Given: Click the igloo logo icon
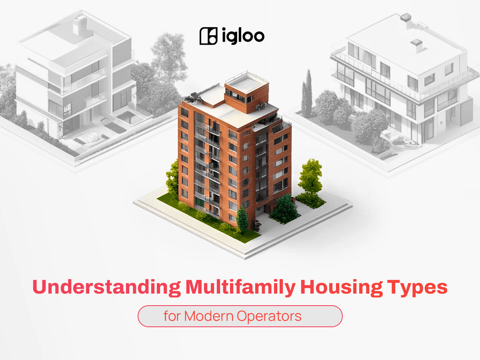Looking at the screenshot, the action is (x=208, y=36).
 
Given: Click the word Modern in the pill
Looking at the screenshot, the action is (x=209, y=316).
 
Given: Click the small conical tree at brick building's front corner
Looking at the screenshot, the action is (x=242, y=220).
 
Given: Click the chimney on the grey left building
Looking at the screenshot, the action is (x=80, y=25).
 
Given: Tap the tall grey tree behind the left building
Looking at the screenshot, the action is (x=168, y=57).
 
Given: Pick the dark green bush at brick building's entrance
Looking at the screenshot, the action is (x=284, y=209).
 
